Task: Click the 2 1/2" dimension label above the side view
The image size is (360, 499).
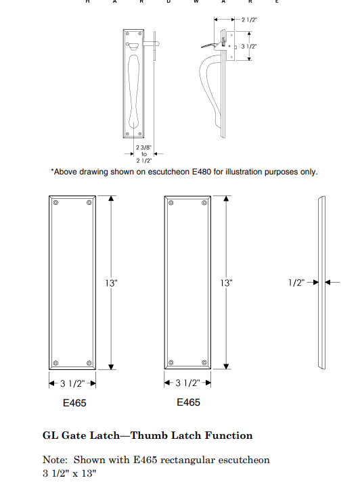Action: pyautogui.click(x=249, y=20)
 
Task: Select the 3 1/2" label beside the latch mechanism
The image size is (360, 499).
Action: pyautogui.click(x=249, y=47)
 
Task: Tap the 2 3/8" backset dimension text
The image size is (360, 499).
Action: pyautogui.click(x=143, y=147)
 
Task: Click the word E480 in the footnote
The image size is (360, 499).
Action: pyautogui.click(x=202, y=172)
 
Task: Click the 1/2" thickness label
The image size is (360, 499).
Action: pyautogui.click(x=296, y=283)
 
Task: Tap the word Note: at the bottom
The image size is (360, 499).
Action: pyautogui.click(x=55, y=460)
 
